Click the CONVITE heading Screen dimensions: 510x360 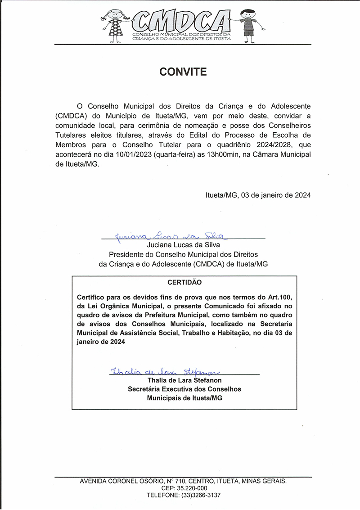(x=183, y=72)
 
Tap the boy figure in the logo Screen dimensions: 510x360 (x=248, y=23)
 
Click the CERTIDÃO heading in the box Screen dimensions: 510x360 (x=184, y=283)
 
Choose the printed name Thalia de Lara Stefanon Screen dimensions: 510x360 (x=184, y=380)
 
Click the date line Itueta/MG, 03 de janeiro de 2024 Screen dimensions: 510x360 (x=258, y=195)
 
